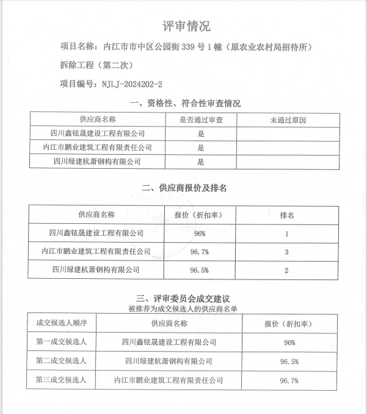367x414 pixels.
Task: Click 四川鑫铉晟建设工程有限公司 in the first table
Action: [x=98, y=133]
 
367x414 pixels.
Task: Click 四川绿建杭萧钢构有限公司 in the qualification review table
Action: [x=98, y=162]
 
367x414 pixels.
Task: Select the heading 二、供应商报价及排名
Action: [x=184, y=188]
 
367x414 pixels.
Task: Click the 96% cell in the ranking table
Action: [x=199, y=234]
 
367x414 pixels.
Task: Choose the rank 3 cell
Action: [x=287, y=251]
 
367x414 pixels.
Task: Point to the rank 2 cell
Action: [x=286, y=270]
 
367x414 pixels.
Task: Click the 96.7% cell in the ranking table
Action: [x=199, y=251]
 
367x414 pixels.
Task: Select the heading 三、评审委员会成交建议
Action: [x=183, y=298]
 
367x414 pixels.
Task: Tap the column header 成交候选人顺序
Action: [x=62, y=323]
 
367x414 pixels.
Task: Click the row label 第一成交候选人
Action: [x=62, y=342]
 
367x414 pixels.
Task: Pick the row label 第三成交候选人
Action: [x=62, y=380]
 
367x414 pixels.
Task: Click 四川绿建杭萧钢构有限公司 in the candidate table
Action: [x=169, y=361]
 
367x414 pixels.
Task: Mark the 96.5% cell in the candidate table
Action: [x=289, y=361]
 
